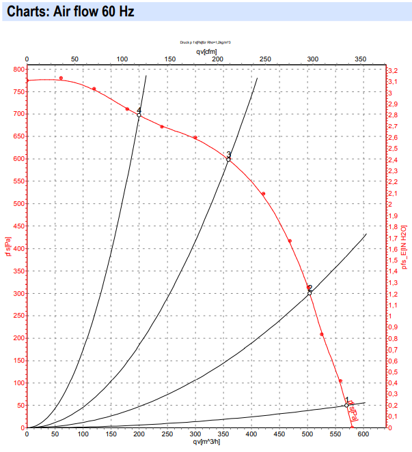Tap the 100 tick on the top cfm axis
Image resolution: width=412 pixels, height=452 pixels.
pos(122,59)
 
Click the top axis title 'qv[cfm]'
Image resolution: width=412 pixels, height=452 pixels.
pos(206,50)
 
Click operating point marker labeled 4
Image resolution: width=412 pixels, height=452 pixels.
pos(139,115)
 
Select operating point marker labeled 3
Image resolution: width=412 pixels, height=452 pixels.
pos(229,159)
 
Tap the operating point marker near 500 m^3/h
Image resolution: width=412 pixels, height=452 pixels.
pos(310,292)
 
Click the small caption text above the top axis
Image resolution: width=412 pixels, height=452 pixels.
pos(206,42)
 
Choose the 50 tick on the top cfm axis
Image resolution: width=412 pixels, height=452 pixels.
pos(74,59)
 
